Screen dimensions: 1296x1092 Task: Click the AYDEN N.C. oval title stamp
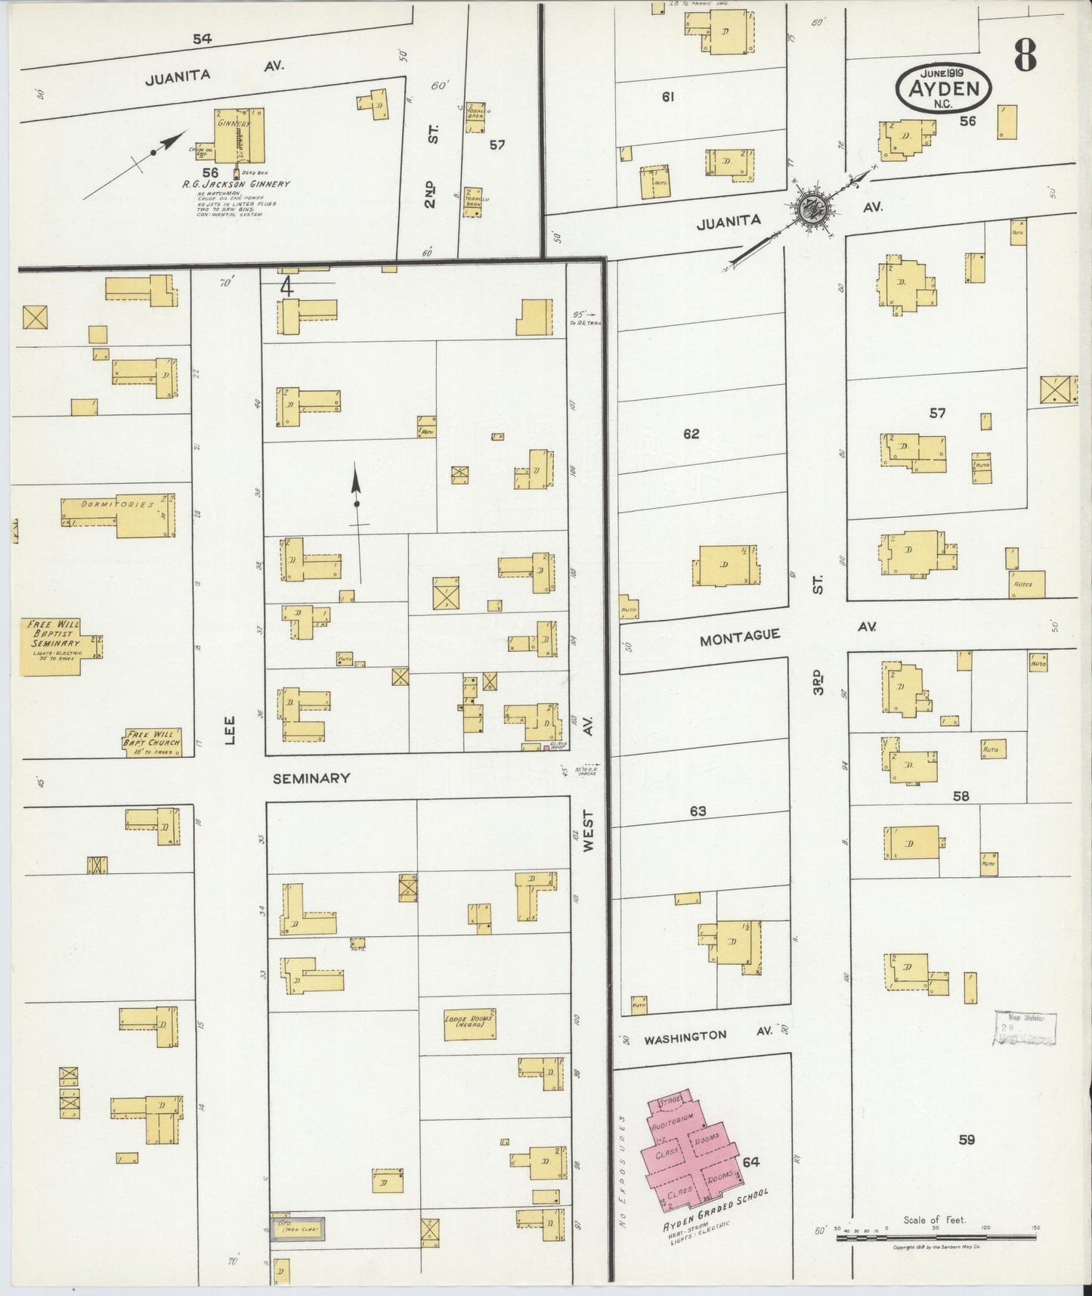pyautogui.click(x=944, y=88)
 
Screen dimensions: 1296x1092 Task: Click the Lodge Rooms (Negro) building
pyautogui.click(x=469, y=1023)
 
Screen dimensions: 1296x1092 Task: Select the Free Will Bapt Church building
pyautogui.click(x=153, y=743)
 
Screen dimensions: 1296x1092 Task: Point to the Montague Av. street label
pyautogui.click(x=739, y=637)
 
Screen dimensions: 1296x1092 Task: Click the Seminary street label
pyautogui.click(x=311, y=777)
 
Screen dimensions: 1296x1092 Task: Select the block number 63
pyautogui.click(x=698, y=811)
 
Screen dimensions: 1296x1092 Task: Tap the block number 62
pyautogui.click(x=691, y=434)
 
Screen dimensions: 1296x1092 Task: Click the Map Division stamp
pyautogui.click(x=1025, y=1028)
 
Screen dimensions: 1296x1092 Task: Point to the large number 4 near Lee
pyautogui.click(x=286, y=287)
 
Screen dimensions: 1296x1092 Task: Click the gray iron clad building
pyautogui.click(x=299, y=1229)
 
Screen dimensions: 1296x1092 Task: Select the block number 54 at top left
pyautogui.click(x=202, y=39)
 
